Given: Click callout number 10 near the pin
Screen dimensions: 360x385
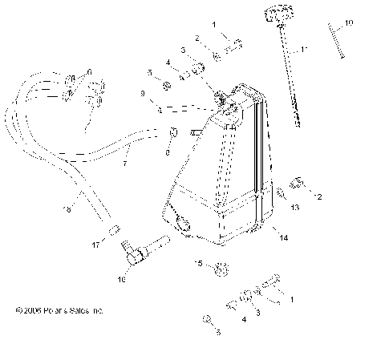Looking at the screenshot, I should pyautogui.click(x=348, y=22).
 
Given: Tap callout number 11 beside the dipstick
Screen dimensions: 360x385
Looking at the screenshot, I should pyautogui.click(x=303, y=50).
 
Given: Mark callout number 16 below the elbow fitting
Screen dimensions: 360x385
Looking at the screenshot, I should pyautogui.click(x=122, y=280).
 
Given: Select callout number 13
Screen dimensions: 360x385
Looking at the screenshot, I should pyautogui.click(x=274, y=207).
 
